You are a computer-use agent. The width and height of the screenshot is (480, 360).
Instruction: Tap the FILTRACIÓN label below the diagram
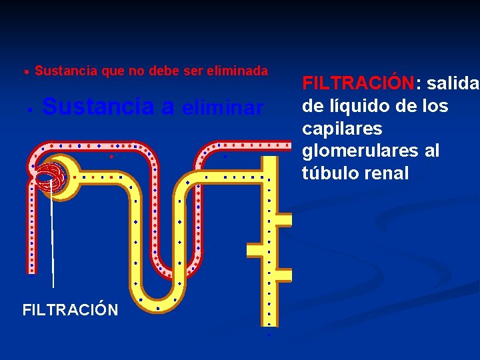pos(70,310)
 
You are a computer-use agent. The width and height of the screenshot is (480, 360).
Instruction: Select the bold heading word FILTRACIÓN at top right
pos(359,83)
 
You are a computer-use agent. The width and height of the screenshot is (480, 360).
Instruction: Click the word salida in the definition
pos(453,83)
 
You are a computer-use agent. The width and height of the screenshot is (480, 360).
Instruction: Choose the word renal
pos(385,173)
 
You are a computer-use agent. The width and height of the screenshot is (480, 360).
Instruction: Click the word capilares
pos(342,128)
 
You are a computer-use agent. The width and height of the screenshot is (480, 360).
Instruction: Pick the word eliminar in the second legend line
pos(223,108)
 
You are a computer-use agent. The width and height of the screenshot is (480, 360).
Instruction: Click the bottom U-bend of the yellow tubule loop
pos(159,300)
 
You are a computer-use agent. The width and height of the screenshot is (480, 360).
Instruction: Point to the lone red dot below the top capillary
pos(111,157)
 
